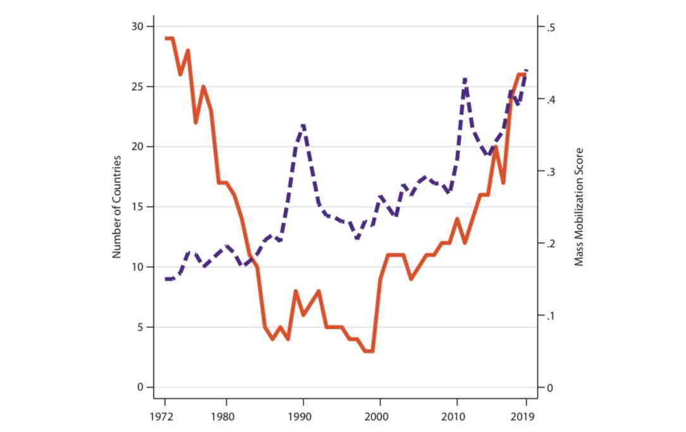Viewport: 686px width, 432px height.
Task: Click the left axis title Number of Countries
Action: coord(116,206)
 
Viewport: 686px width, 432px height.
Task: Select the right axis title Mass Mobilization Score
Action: coord(578,207)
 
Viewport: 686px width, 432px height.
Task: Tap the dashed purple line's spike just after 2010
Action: coord(465,80)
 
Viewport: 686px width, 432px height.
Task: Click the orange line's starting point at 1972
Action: coord(166,39)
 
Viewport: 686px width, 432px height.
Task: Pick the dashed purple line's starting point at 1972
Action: coord(166,279)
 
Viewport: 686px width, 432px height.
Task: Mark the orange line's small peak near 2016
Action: coord(496,147)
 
